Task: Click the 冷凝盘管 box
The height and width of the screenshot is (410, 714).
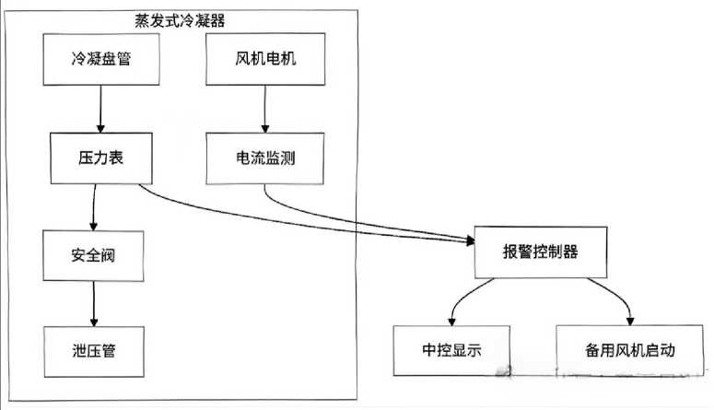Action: pyautogui.click(x=97, y=61)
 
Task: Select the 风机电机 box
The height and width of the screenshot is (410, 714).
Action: pyautogui.click(x=265, y=61)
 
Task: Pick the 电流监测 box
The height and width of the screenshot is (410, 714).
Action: pyautogui.click(x=265, y=158)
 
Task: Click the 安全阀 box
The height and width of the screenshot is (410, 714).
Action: pyautogui.click(x=92, y=255)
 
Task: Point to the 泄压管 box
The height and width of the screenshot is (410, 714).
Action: pyautogui.click(x=92, y=350)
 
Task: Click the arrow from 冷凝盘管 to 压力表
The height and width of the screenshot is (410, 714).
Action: pyautogui.click(x=97, y=109)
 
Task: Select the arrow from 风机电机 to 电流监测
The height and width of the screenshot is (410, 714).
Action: pyautogui.click(x=265, y=109)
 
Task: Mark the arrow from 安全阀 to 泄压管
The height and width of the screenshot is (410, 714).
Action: pyautogui.click(x=92, y=303)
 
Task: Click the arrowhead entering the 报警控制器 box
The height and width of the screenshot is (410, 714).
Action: pyautogui.click(x=467, y=241)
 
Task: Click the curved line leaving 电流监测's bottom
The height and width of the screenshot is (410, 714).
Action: pyautogui.click(x=276, y=205)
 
